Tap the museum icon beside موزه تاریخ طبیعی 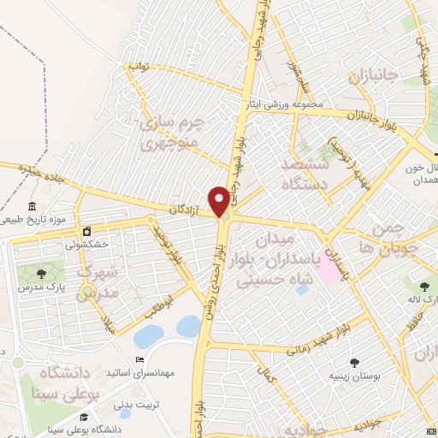tap(33, 207)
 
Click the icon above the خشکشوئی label tap(86, 231)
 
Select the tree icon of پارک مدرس tap(40, 273)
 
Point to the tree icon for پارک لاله tap(424, 285)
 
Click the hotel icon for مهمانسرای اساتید tap(139, 360)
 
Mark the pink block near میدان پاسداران tap(328, 272)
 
